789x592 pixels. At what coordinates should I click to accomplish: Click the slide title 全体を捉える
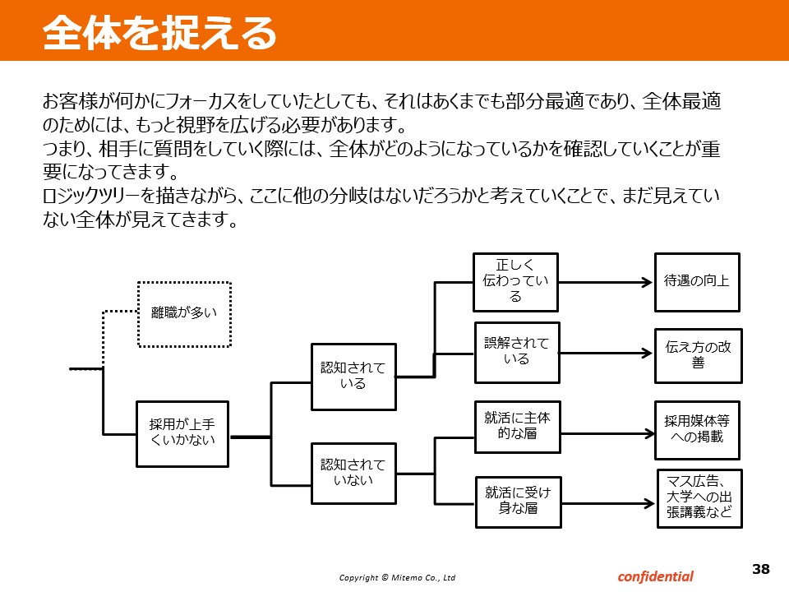tap(159, 33)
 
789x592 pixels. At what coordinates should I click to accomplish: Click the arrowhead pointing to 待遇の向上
tap(648, 282)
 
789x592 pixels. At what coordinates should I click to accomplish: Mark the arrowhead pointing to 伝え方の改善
tap(648, 353)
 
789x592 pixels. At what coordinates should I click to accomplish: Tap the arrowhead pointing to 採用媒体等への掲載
tap(649, 433)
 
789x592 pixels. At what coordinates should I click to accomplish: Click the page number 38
tap(761, 569)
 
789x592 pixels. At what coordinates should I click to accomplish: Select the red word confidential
tap(655, 576)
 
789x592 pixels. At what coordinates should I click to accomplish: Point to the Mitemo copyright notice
tap(397, 577)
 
